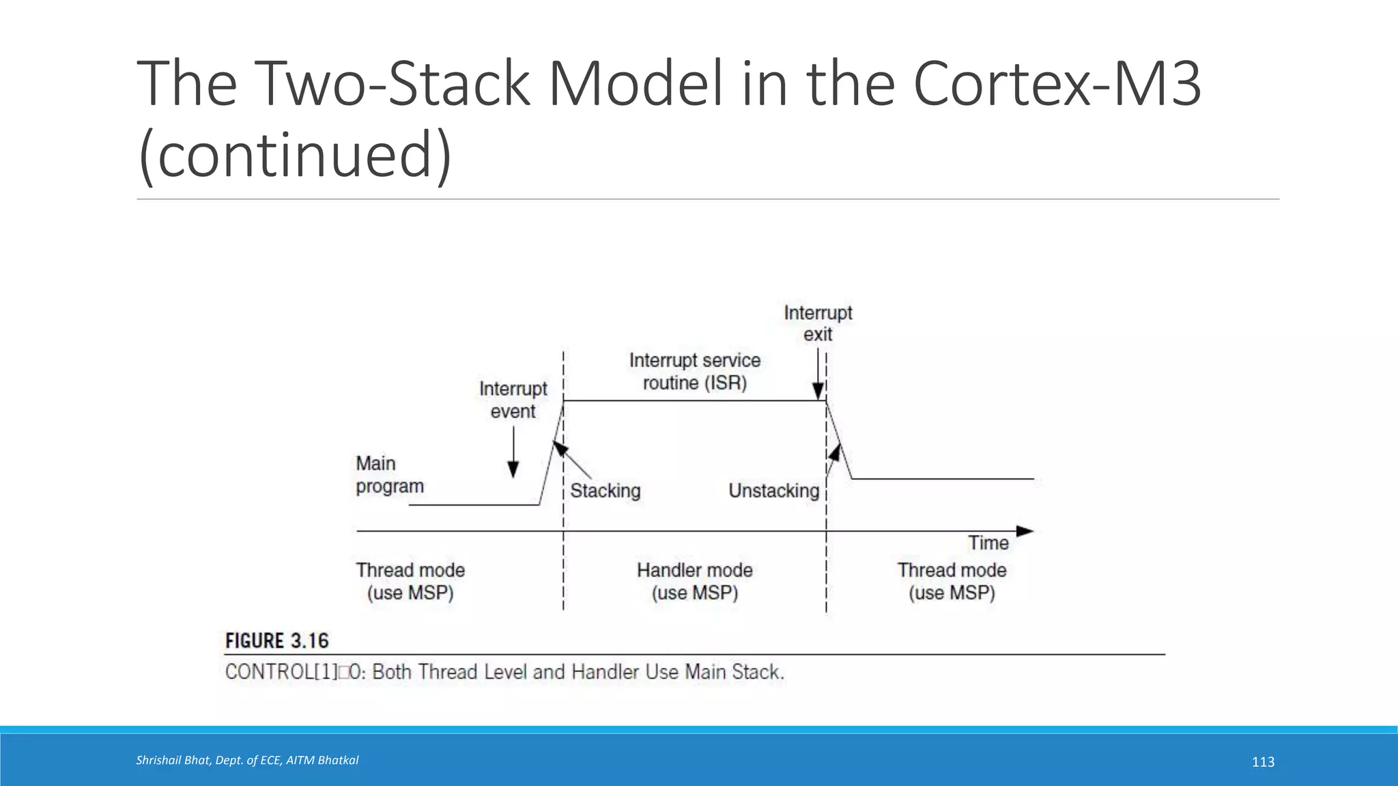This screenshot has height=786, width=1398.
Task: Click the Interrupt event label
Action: pos(513,400)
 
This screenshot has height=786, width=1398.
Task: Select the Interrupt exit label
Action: pos(818,323)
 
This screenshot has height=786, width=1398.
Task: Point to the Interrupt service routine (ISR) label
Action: pos(695,371)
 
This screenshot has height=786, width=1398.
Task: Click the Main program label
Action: pos(389,475)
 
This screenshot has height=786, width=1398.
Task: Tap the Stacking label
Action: pos(605,491)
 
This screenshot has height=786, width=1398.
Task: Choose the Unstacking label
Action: pos(773,491)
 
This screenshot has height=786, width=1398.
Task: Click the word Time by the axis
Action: pos(988,543)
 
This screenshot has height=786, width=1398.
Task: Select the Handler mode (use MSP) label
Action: pos(695,581)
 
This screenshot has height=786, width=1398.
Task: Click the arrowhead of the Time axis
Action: pos(1025,531)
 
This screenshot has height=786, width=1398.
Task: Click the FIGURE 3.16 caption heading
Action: pos(277,641)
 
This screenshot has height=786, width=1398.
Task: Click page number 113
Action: pos(1263,762)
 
